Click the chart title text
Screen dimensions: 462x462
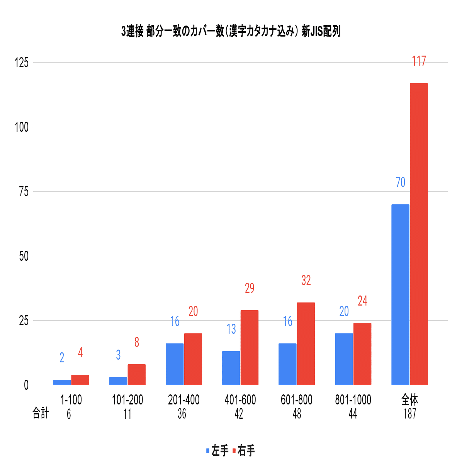pos(231,31)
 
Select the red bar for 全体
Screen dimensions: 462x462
pos(419,234)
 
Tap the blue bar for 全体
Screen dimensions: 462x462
pos(400,294)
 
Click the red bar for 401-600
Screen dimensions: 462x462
pos(250,347)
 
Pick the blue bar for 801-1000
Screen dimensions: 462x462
pos(344,359)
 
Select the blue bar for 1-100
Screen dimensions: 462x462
pos(62,382)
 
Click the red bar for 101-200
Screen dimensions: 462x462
pos(137,374)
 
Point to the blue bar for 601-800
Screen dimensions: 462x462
pos(287,364)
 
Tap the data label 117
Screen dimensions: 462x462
pos(419,61)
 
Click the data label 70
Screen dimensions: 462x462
pos(401,182)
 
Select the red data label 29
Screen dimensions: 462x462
pos(250,288)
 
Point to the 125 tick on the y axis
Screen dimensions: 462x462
pos(22,63)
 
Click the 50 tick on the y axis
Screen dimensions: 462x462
pos(24,256)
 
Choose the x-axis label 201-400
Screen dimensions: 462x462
pos(184,400)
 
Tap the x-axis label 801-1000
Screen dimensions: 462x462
pos(353,400)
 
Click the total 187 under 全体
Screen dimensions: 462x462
pos(410,414)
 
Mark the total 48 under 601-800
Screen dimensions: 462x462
pos(297,414)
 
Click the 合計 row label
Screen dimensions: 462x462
pos(41,413)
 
